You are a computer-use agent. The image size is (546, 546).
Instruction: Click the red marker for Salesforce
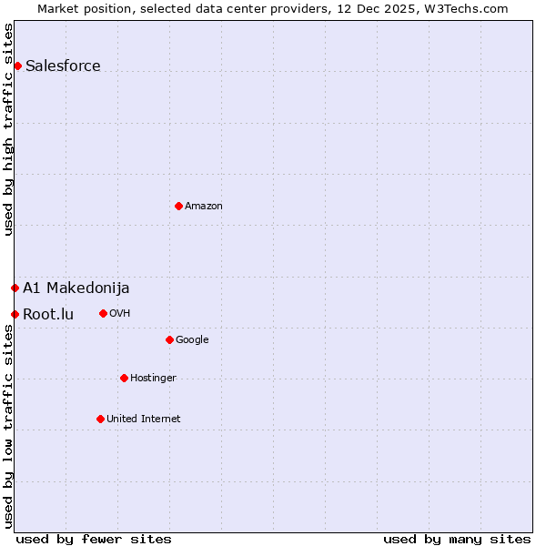tap(17, 66)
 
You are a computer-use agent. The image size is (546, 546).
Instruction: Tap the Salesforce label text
tap(63, 66)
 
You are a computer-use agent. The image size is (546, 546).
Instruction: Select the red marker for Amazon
tap(178, 206)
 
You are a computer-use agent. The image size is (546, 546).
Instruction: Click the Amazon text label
tap(204, 207)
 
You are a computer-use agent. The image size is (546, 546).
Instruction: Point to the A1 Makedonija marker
tap(15, 288)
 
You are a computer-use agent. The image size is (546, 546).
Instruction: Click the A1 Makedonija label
tap(76, 288)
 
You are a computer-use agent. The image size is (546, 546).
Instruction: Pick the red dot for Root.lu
tap(15, 314)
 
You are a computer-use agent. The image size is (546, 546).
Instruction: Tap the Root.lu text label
tap(48, 315)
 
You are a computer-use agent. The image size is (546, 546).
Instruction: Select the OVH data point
tap(103, 313)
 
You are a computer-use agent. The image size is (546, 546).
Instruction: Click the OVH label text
tap(120, 314)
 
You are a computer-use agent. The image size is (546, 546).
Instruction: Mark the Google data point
tap(169, 339)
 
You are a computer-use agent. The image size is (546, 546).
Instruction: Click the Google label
tap(192, 340)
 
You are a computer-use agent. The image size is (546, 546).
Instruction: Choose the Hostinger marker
tap(124, 378)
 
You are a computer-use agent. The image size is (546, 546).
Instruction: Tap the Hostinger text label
tap(153, 379)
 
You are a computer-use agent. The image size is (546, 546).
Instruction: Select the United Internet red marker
tap(100, 419)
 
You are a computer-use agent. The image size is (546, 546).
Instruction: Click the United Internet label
tap(143, 420)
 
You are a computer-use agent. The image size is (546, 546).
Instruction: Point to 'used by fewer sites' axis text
tap(94, 539)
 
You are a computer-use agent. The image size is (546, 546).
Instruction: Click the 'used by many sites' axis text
tap(457, 539)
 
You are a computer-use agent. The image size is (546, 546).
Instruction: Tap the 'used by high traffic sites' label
tap(8, 129)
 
